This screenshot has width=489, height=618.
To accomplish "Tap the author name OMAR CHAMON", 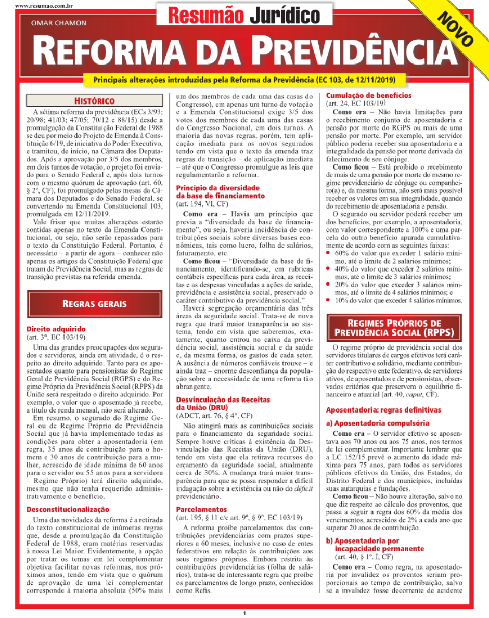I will [59, 23].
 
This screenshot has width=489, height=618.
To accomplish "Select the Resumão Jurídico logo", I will [244, 16].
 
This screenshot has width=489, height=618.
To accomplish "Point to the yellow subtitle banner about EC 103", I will [244, 80].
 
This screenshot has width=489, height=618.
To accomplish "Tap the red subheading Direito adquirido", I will [56, 329].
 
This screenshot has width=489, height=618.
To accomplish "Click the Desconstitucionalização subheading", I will [68, 509].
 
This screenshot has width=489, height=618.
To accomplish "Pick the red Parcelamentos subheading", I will [201, 509].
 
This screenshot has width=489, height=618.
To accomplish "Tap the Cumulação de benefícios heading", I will [368, 96].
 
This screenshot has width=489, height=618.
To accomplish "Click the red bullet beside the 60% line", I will [328, 252].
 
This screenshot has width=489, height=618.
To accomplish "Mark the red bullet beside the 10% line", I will [328, 300].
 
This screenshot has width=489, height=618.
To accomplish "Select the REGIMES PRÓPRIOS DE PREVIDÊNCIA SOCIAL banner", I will [394, 328].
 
